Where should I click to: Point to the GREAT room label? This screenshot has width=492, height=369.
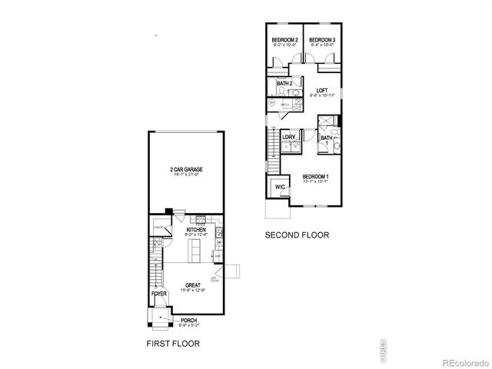[192, 284]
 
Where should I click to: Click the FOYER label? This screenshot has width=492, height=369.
[158, 293]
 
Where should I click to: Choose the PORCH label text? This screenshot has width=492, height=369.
[188, 320]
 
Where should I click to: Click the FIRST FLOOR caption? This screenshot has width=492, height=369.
[174, 342]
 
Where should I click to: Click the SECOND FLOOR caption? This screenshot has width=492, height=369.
[297, 235]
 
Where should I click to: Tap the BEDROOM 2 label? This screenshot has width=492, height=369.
[284, 40]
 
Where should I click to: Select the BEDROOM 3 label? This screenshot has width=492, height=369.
[322, 40]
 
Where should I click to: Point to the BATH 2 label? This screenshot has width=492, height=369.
[284, 83]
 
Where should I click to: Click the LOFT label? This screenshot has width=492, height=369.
[321, 90]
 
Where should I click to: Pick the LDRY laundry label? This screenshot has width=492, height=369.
[289, 138]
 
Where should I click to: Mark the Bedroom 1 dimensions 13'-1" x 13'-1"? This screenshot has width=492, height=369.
[316, 181]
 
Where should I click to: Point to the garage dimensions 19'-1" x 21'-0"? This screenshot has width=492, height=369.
[186, 175]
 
